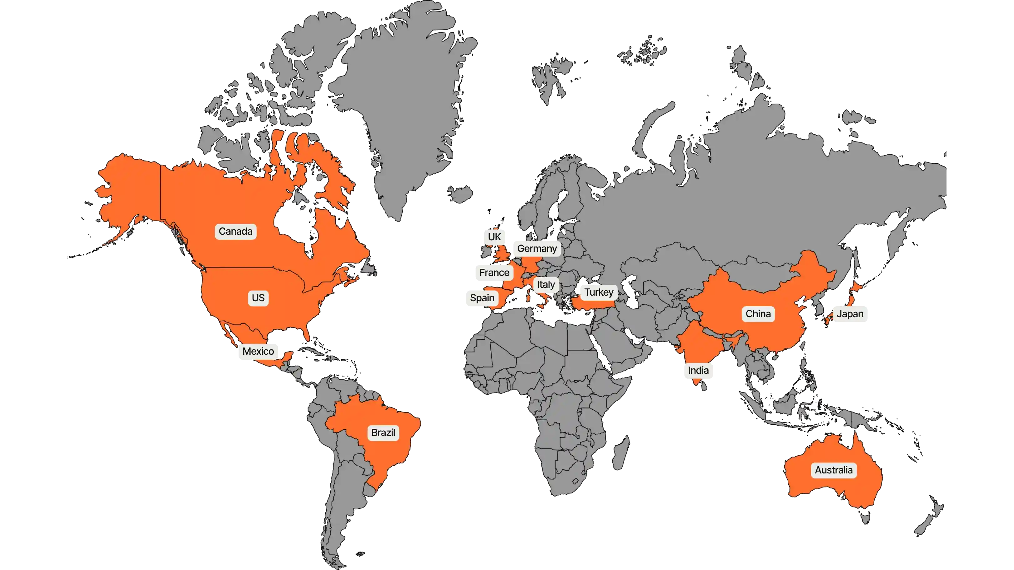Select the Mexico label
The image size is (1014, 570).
coord(258,352)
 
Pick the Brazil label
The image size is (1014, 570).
coord(383,432)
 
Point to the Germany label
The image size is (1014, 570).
coord(537,249)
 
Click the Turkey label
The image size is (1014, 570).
coord(599,292)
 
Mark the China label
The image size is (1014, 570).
coord(758,314)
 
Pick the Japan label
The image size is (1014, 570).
coord(850,314)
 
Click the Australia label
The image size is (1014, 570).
coord(834,470)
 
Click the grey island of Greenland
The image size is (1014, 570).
coord(405,98)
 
